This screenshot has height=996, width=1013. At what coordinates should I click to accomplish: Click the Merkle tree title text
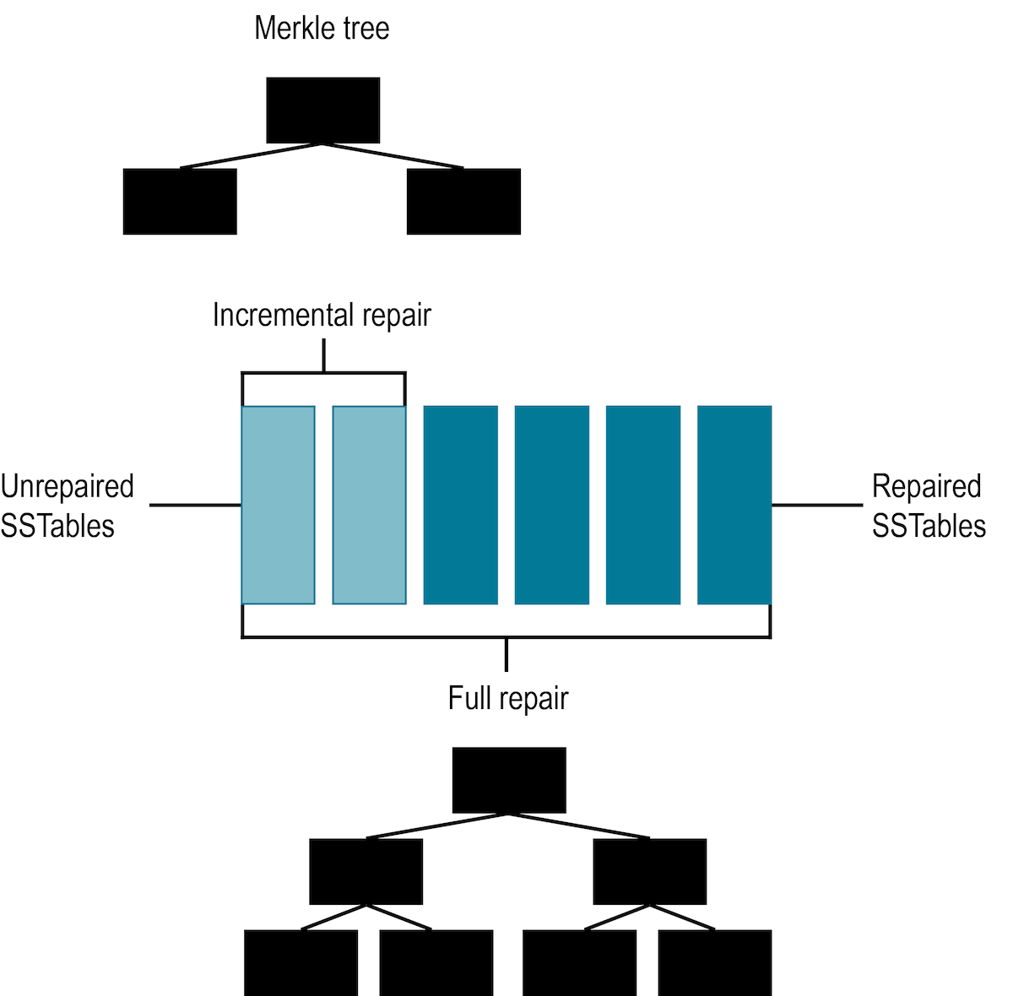click(x=322, y=29)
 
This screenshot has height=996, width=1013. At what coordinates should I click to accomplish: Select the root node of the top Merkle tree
click(x=322, y=111)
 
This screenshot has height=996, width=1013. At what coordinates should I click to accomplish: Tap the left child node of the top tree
click(x=180, y=202)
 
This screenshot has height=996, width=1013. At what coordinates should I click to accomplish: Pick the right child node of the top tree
click(x=463, y=202)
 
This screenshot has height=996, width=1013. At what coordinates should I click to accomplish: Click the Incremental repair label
click(x=322, y=315)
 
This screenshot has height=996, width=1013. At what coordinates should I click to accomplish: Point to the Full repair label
click(x=508, y=698)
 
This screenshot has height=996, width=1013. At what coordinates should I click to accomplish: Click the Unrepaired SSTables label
click(x=67, y=506)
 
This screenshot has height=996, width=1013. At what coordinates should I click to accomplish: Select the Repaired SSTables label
click(x=929, y=506)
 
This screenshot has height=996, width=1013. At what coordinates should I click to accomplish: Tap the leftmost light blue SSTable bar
click(x=278, y=505)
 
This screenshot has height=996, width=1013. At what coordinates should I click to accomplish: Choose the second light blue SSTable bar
click(x=369, y=505)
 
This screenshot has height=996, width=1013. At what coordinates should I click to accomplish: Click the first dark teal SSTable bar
click(x=460, y=505)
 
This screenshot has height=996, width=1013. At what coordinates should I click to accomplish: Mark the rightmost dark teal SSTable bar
click(x=734, y=505)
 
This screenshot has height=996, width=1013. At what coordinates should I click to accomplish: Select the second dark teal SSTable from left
click(x=551, y=505)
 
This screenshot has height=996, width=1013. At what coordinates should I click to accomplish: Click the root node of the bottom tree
click(x=509, y=780)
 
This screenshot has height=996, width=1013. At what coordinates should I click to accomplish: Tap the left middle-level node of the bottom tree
click(x=366, y=871)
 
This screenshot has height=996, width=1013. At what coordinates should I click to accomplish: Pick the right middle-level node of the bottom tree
click(x=650, y=871)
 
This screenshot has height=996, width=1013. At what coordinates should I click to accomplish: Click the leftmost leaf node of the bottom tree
click(x=301, y=962)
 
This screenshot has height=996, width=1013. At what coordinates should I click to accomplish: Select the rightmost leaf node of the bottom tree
click(x=714, y=962)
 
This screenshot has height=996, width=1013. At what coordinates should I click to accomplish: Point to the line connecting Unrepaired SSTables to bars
click(x=195, y=506)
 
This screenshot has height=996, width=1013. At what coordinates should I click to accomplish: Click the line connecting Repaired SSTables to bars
click(x=816, y=506)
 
